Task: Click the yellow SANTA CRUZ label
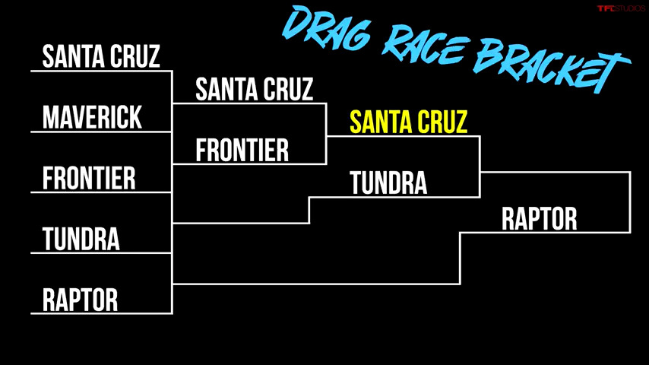point(409,122)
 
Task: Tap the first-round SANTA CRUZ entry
point(101,56)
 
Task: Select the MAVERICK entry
point(92,117)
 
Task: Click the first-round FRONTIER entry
point(89,178)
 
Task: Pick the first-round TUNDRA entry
point(81,239)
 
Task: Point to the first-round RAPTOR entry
point(81,300)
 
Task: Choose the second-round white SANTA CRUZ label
point(254,89)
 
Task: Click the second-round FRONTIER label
point(242,150)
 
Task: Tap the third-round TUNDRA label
point(388,182)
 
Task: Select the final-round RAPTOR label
point(540,219)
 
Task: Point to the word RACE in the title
point(426,46)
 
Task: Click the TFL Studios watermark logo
point(621,8)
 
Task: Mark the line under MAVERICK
point(101,132)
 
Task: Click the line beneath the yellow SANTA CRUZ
point(403,136)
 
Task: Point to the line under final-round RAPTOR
point(545,233)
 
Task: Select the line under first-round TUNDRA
point(101,252)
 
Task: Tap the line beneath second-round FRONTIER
point(249,164)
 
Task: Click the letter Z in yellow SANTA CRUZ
point(461,122)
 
